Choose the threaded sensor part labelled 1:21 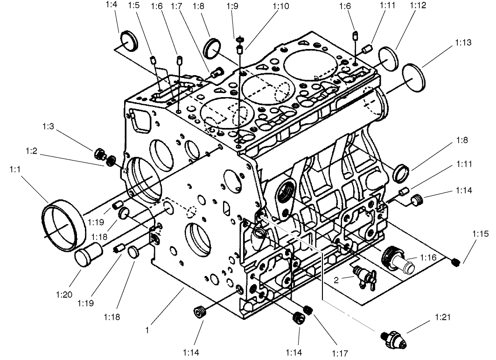click(x=394, y=338)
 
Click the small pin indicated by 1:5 click(x=153, y=59)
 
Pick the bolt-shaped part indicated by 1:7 click(x=216, y=72)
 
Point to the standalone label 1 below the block click(x=147, y=330)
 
